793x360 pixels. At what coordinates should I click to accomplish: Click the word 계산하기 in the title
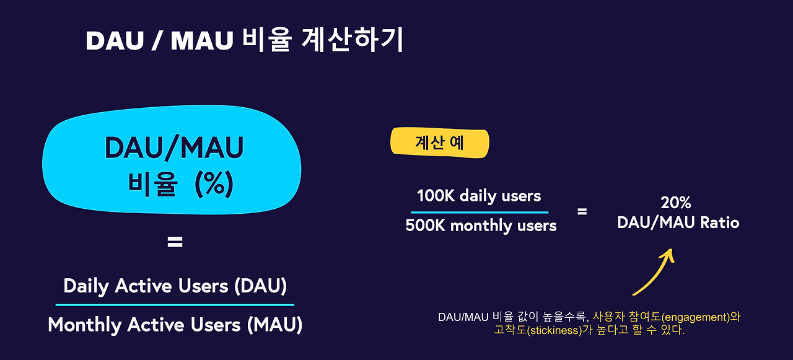coord(352,40)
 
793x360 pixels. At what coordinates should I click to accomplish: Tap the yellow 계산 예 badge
coord(439,142)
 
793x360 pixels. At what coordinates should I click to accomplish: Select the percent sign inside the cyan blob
coord(214,183)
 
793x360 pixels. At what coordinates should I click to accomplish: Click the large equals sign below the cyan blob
coord(175,242)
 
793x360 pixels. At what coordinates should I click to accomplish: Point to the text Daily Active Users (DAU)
coord(175,286)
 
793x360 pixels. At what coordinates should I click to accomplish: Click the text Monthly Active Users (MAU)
coord(175,324)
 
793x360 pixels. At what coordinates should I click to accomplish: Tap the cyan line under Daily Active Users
coord(175,305)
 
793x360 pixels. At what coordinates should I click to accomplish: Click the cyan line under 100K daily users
coord(480,212)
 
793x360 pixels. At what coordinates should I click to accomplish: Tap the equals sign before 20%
coord(582,211)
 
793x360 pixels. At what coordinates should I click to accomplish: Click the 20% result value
coord(676,203)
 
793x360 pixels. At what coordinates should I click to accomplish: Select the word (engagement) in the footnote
coord(694,317)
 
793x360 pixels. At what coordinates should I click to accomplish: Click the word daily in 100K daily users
coord(477,196)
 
